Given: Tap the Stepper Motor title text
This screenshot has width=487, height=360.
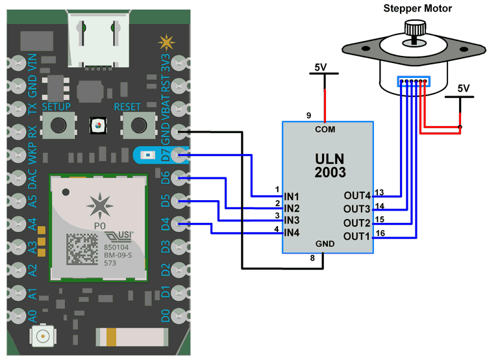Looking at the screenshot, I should (418, 8).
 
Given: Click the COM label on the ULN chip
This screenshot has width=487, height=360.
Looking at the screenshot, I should (325, 129).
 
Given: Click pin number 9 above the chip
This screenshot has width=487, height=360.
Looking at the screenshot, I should (309, 116).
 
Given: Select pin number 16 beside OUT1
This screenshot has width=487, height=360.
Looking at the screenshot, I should (380, 233).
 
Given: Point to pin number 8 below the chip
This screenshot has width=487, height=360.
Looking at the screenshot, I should (311, 258).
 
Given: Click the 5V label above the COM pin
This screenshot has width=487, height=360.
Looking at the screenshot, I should (321, 67).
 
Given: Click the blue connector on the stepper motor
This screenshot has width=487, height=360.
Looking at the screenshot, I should (413, 82).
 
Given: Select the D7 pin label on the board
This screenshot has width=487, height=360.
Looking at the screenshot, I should (166, 156).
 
